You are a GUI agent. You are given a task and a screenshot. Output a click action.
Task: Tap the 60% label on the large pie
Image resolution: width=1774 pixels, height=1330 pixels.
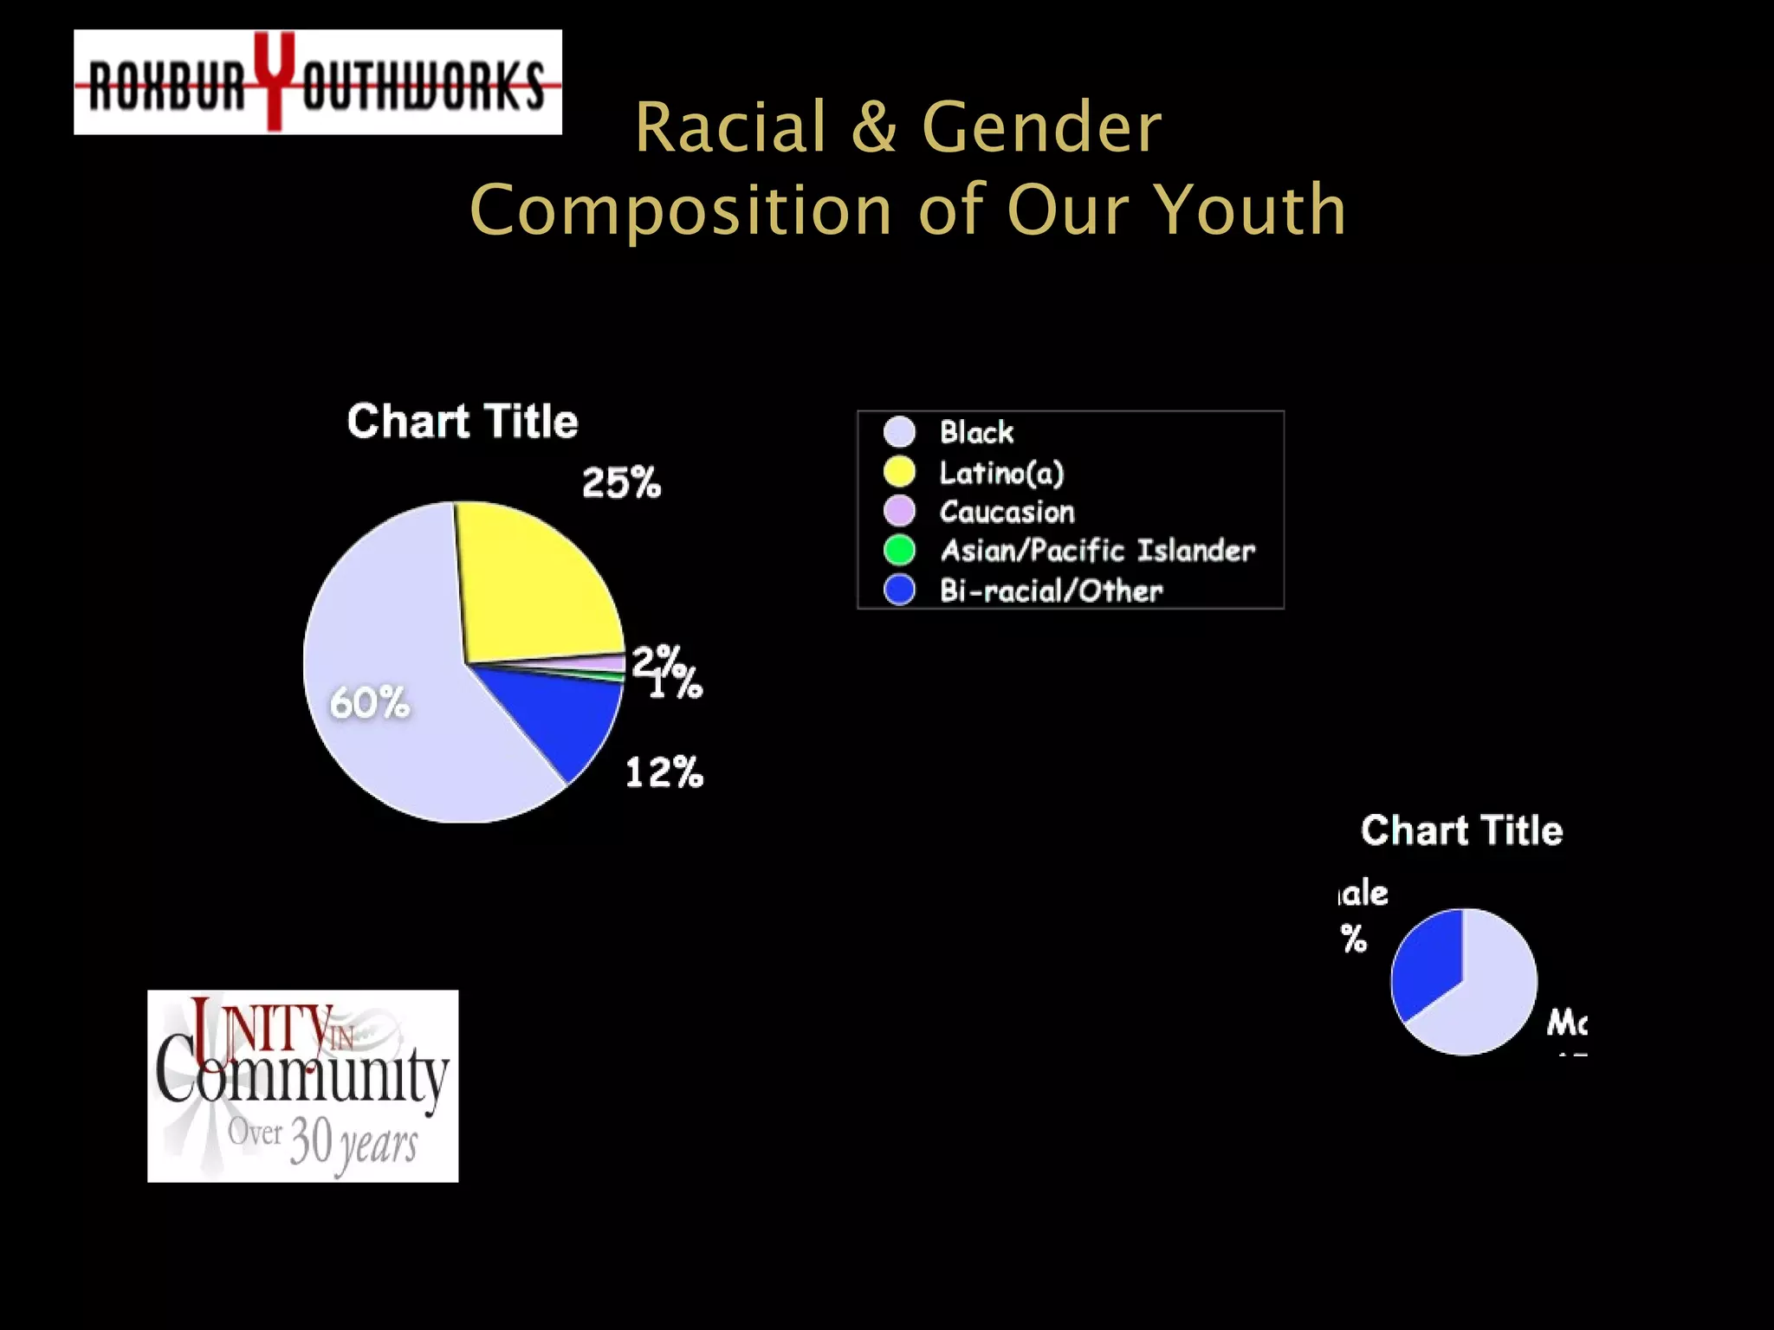369,702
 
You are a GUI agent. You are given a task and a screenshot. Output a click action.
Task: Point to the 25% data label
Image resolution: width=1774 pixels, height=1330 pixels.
621,482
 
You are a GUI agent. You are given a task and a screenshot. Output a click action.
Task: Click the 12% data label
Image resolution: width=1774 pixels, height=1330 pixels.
664,772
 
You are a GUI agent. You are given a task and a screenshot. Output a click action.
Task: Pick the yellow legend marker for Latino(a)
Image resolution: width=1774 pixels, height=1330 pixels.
899,471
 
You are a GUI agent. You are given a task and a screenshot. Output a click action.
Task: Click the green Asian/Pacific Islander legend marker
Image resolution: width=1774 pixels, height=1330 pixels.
899,550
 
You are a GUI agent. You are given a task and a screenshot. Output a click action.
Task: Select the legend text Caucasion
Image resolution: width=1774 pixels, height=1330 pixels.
1007,512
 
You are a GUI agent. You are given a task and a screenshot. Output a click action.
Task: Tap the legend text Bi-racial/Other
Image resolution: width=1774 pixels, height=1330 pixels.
1051,591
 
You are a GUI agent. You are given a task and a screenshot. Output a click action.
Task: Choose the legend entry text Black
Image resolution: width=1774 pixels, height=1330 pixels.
976,431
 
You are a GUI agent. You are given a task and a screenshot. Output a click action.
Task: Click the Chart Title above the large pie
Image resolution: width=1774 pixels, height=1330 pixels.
463,421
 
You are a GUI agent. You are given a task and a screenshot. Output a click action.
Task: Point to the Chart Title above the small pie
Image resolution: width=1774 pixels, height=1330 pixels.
1461,830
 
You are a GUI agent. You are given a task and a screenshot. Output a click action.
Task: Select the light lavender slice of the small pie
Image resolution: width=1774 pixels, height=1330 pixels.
1490,996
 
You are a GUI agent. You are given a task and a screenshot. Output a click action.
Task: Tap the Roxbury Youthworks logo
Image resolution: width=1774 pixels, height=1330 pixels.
318,82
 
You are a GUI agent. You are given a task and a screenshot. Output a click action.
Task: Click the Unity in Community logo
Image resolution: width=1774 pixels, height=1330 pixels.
302,1086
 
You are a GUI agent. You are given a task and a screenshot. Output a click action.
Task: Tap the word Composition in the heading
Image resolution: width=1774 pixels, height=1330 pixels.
681,210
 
